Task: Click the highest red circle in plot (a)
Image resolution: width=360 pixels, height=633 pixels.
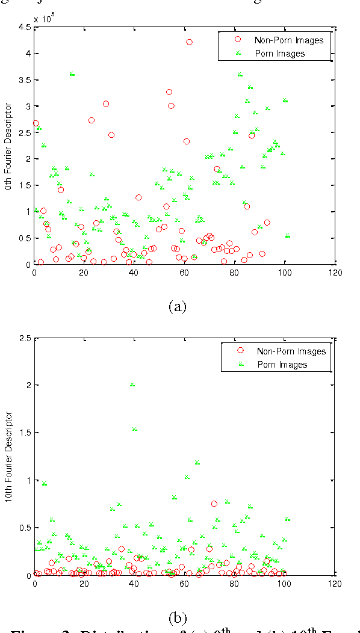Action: pyautogui.click(x=189, y=42)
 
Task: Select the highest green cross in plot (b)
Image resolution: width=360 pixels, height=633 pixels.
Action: pyautogui.click(x=132, y=384)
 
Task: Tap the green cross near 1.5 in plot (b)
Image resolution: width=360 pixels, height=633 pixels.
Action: pyautogui.click(x=135, y=429)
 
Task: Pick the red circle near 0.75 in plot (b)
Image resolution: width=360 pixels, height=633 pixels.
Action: pyautogui.click(x=214, y=504)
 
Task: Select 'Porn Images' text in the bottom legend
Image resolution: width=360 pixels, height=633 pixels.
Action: pyautogui.click(x=282, y=364)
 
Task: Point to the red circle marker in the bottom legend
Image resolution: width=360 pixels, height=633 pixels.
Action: pyautogui.click(x=240, y=351)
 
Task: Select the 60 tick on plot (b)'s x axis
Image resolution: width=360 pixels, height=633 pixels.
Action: pyautogui.click(x=185, y=583)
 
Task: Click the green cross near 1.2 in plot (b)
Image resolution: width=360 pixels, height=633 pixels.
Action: pyautogui.click(x=196, y=463)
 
